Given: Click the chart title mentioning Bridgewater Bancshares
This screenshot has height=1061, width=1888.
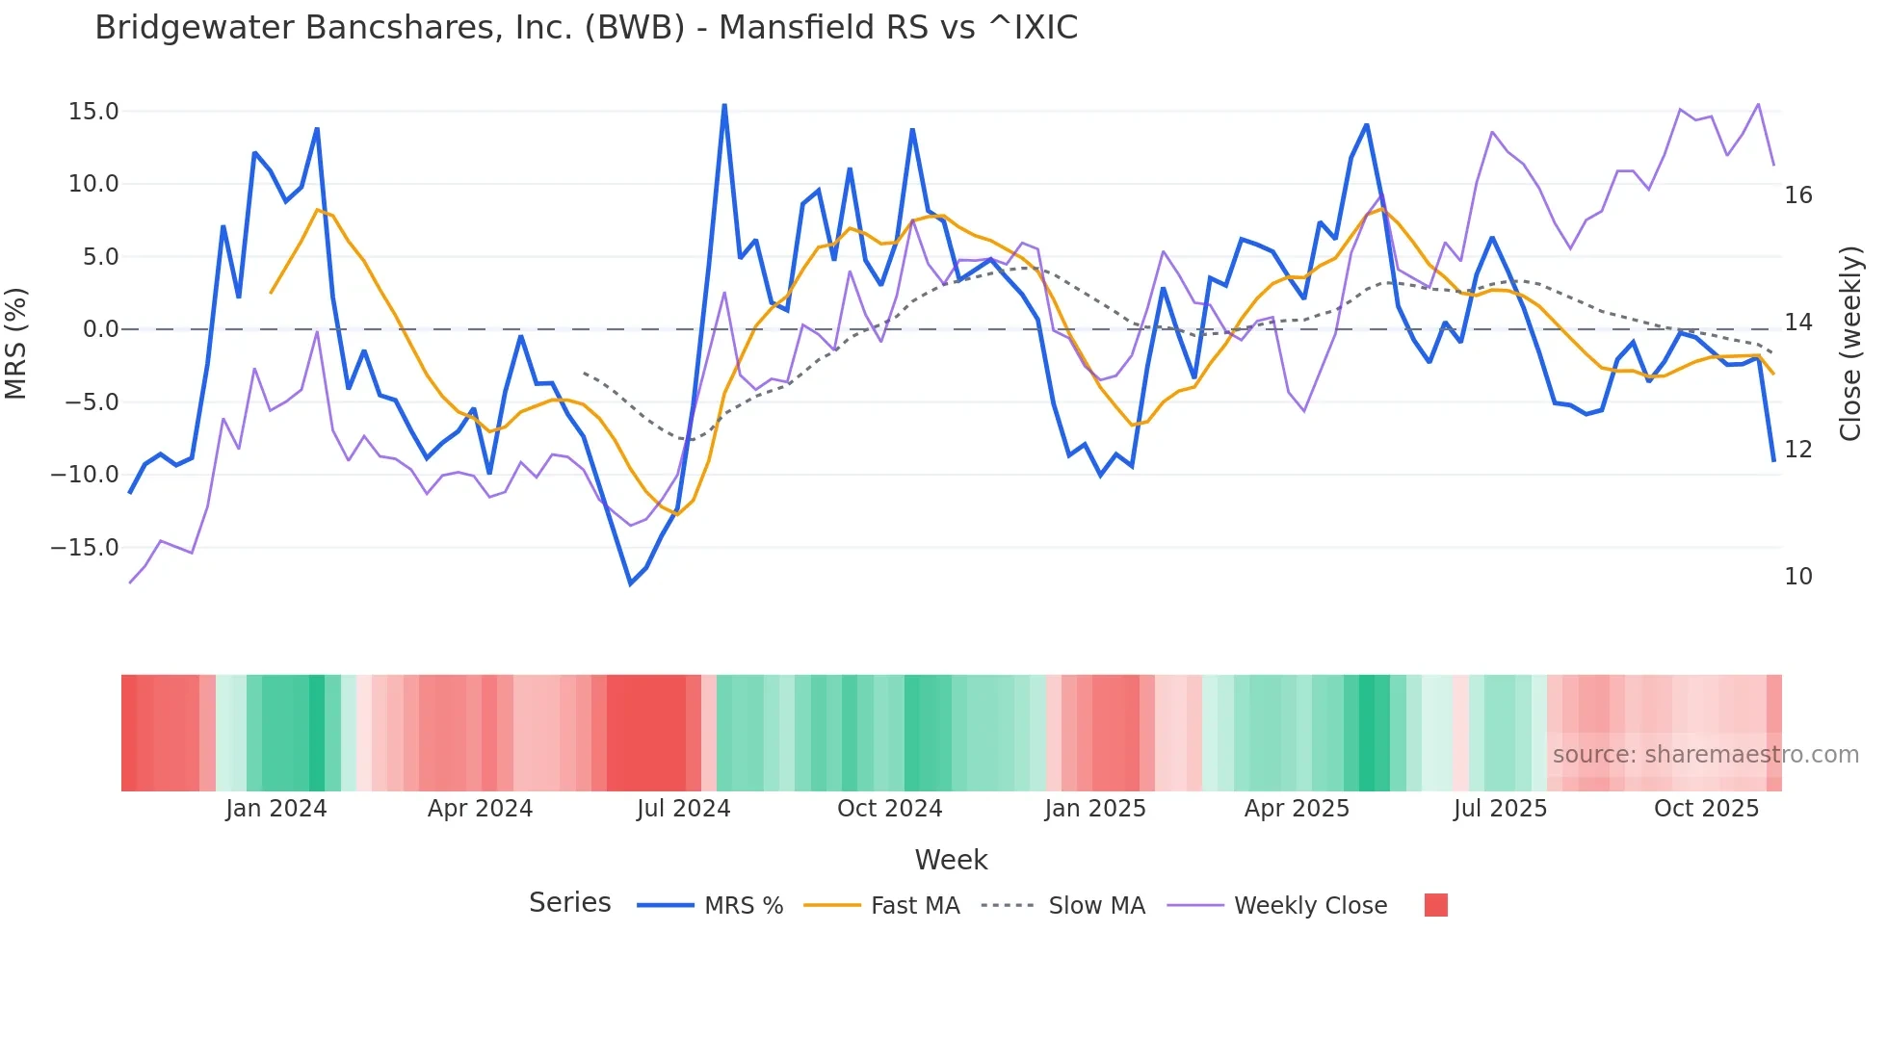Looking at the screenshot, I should pos(586,28).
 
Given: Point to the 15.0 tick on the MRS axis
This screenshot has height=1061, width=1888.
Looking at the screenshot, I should pos(93,112).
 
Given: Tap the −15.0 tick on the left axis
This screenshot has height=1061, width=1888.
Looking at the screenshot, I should pos(85,548).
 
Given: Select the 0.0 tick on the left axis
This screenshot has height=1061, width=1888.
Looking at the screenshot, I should pos(100,329).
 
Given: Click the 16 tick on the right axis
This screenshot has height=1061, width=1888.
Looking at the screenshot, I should pos(1797,195).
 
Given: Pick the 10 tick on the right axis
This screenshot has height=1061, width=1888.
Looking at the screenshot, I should pos(1797,577).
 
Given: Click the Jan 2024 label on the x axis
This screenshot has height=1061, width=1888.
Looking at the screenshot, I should pos(276,809).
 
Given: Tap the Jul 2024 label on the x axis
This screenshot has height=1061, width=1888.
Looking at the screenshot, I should pos(684,809).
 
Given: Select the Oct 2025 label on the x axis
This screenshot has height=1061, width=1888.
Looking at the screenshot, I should pos(1706,809).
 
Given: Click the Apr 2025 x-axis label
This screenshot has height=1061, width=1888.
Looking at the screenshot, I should pos(1297,809).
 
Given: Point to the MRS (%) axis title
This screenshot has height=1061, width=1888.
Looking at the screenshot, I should pos(16,343).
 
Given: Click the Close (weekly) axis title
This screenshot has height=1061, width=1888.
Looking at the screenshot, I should pos(1850,344).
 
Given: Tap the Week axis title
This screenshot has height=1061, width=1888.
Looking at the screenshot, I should pos(951,860).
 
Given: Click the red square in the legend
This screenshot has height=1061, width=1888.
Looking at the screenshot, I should pos(1435,905).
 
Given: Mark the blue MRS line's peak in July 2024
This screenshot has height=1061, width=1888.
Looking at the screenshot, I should pos(724,105).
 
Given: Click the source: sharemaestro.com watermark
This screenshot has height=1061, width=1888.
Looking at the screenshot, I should pos(1705,755).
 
